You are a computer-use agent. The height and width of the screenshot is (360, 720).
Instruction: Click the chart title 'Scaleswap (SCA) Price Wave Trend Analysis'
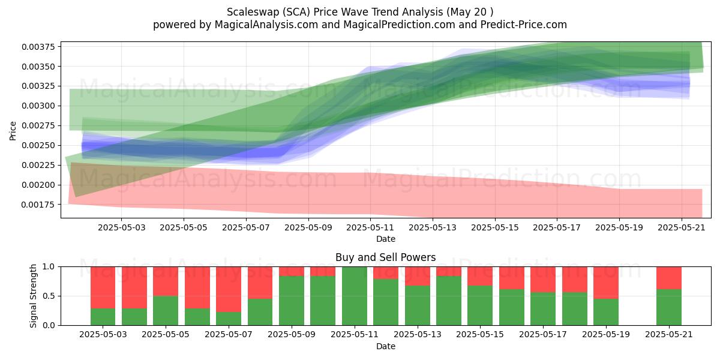[x=335, y=12]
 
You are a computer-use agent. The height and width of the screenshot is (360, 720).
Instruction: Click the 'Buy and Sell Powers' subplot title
[x=385, y=257]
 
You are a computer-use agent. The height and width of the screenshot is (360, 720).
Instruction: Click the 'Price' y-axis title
[x=13, y=131]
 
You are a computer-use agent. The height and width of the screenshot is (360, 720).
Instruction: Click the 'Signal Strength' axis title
[x=33, y=296]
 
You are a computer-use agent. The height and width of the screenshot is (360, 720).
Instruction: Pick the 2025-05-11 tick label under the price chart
[x=370, y=228]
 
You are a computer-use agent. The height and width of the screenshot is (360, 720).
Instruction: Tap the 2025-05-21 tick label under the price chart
[x=682, y=228]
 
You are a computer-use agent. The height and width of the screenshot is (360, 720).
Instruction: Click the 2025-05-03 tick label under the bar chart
[x=103, y=335]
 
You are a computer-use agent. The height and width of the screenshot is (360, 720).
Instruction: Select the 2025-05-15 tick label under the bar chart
[x=480, y=335]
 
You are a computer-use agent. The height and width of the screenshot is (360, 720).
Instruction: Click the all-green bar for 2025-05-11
[x=355, y=296]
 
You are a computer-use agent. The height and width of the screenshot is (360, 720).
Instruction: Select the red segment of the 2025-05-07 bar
[x=229, y=289]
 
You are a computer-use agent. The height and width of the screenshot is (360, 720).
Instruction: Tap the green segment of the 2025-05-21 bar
[x=669, y=307]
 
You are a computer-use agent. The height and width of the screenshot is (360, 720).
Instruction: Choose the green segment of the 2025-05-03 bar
[x=103, y=317]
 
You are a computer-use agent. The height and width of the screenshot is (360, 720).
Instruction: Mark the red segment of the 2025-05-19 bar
[x=606, y=283]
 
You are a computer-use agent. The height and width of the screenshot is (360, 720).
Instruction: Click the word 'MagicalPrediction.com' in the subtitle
[x=399, y=25]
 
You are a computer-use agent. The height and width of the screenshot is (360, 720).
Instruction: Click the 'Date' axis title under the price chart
[x=386, y=239]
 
